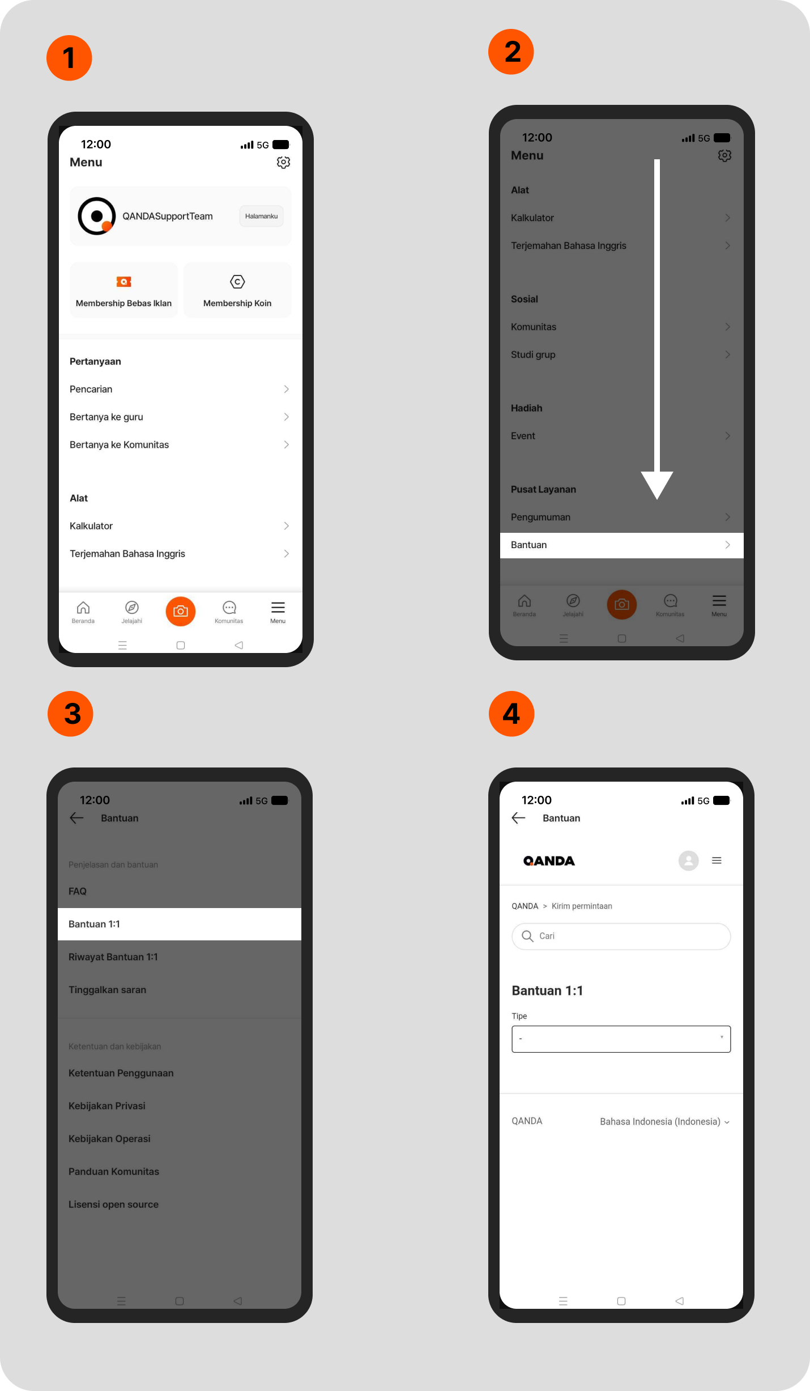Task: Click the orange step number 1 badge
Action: pos(69,58)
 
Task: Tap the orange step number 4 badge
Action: pos(511,714)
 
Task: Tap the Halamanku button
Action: pos(261,216)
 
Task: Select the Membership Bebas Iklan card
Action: pos(123,290)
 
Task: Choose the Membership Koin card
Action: pos(237,290)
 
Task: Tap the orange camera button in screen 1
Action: pos(181,611)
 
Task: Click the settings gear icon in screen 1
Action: pos(283,162)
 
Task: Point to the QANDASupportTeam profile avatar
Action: pos(97,216)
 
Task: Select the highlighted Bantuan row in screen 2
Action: pos(621,545)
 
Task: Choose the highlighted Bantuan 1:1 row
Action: pos(180,924)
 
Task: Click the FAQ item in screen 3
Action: pos(78,891)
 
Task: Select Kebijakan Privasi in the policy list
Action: pos(107,1106)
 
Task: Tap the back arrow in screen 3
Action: pos(77,817)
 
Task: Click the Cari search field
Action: pos(621,936)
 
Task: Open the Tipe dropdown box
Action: pos(621,1039)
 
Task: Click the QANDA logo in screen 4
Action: pos(549,861)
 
